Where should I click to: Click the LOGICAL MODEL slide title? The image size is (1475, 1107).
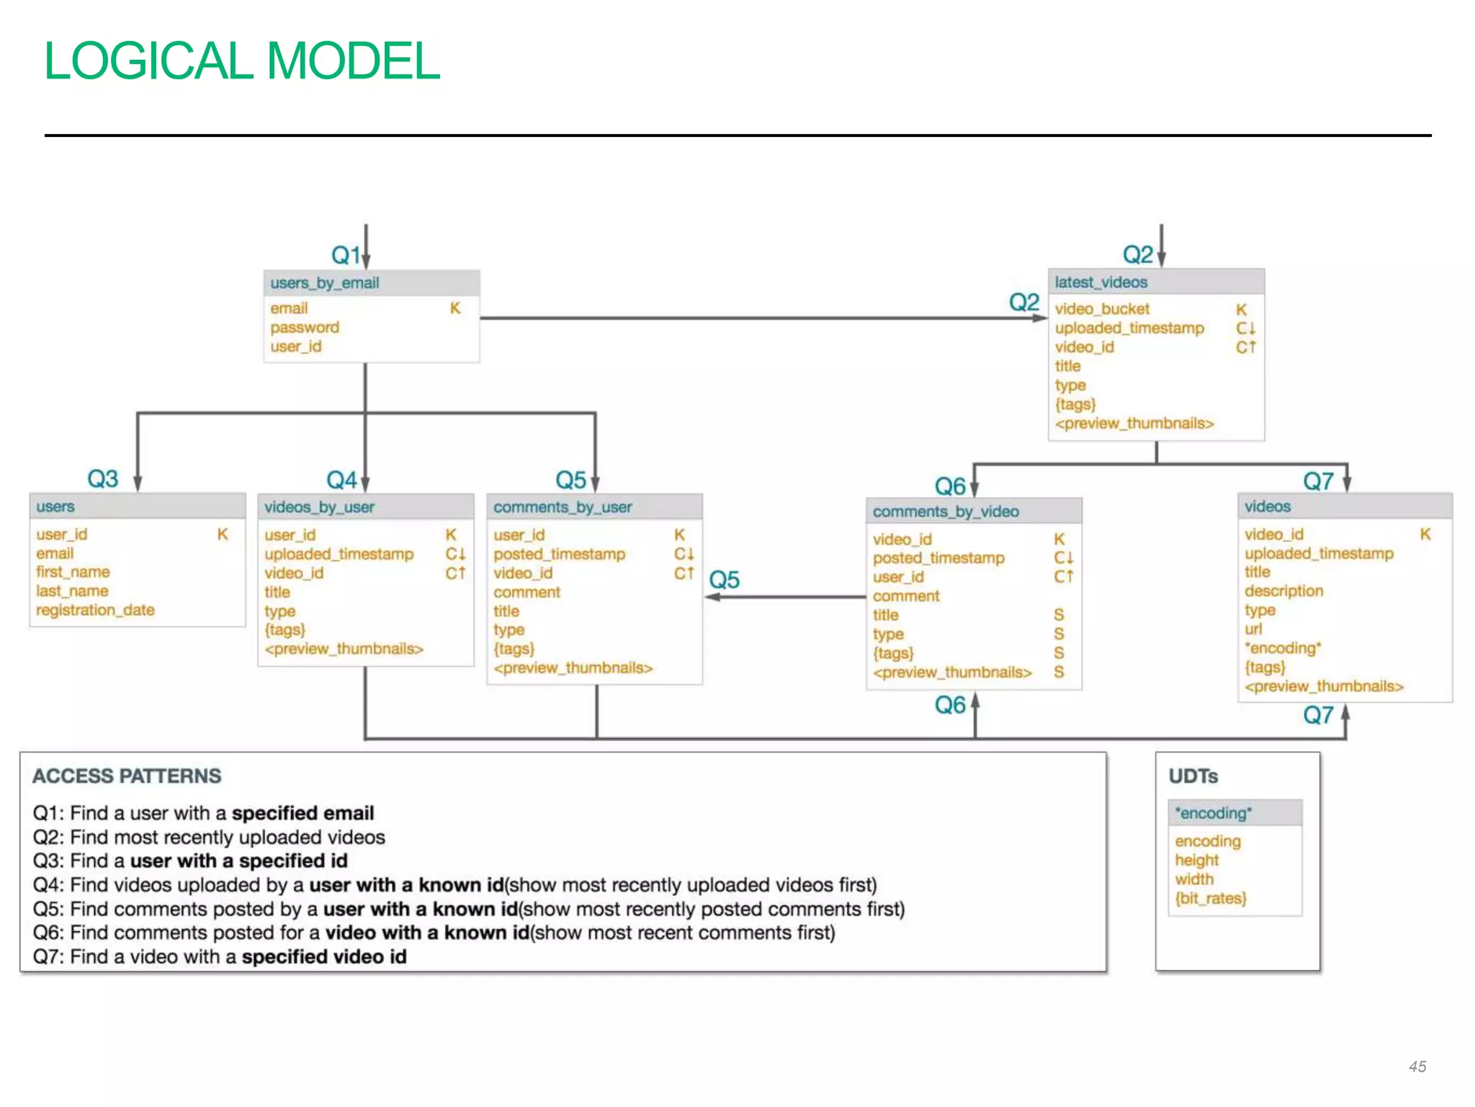pos(241,61)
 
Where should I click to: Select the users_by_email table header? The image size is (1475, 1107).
pos(325,283)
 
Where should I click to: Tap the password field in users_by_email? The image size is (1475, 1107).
pos(305,327)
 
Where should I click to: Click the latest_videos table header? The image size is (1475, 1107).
pos(1100,282)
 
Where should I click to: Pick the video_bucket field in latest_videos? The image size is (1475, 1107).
pos(1102,308)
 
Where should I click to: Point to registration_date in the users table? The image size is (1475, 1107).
pos(95,610)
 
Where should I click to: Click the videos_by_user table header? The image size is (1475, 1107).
pos(319,507)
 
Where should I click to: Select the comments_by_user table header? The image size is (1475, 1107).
pos(562,507)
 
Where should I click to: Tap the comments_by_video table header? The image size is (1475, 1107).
pos(946,511)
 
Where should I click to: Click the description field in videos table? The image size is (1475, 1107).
pos(1283,590)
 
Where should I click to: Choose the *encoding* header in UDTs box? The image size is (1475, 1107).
pos(1214,813)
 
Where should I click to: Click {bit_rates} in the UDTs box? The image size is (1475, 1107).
pos(1211,898)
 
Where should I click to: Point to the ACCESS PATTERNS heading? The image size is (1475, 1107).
pos(127,775)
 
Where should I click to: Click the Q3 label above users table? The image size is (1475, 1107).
pos(102,479)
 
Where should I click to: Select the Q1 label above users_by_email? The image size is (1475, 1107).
pos(345,254)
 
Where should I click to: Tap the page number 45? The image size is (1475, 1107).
pos(1417,1066)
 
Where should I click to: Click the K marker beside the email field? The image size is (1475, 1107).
pos(455,308)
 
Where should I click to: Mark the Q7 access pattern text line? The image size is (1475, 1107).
pos(220,956)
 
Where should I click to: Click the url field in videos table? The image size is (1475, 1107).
pos(1253,628)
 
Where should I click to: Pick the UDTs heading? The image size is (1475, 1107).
pos(1193,775)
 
